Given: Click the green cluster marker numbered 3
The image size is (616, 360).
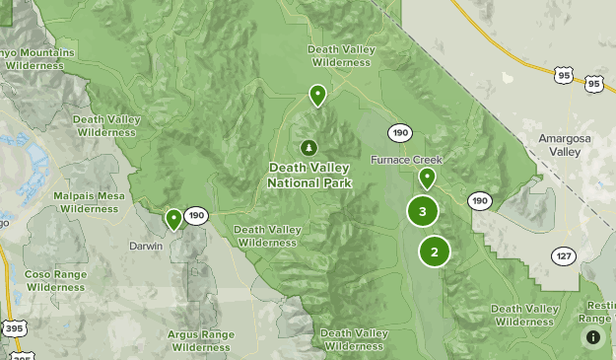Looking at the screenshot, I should point(423,211).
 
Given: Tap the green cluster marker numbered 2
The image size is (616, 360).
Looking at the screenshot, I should point(434,251).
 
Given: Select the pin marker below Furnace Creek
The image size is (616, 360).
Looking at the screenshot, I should point(427,179).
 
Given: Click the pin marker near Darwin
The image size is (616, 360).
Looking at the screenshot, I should point(174,218).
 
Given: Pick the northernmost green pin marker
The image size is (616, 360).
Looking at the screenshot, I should point(317,95).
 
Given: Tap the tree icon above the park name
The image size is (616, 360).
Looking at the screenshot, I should point(309,148).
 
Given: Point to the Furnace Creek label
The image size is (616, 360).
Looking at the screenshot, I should point(407,160).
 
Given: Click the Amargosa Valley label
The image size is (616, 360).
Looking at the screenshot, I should point(565,145).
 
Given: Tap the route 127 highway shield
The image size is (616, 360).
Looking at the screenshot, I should point(563,255).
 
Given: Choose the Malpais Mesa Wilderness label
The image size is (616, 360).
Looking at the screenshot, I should point(89,202).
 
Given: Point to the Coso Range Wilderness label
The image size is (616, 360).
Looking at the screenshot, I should point(56,280).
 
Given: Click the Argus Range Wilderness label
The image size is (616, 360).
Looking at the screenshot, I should point(200,340).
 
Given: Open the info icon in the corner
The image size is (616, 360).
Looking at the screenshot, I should point(593,337).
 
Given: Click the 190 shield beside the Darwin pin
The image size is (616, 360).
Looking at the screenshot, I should point(196,215).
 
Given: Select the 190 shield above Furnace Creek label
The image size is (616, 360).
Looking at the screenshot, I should point(399,133).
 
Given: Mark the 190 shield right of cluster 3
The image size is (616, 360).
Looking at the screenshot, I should point(479,200).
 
